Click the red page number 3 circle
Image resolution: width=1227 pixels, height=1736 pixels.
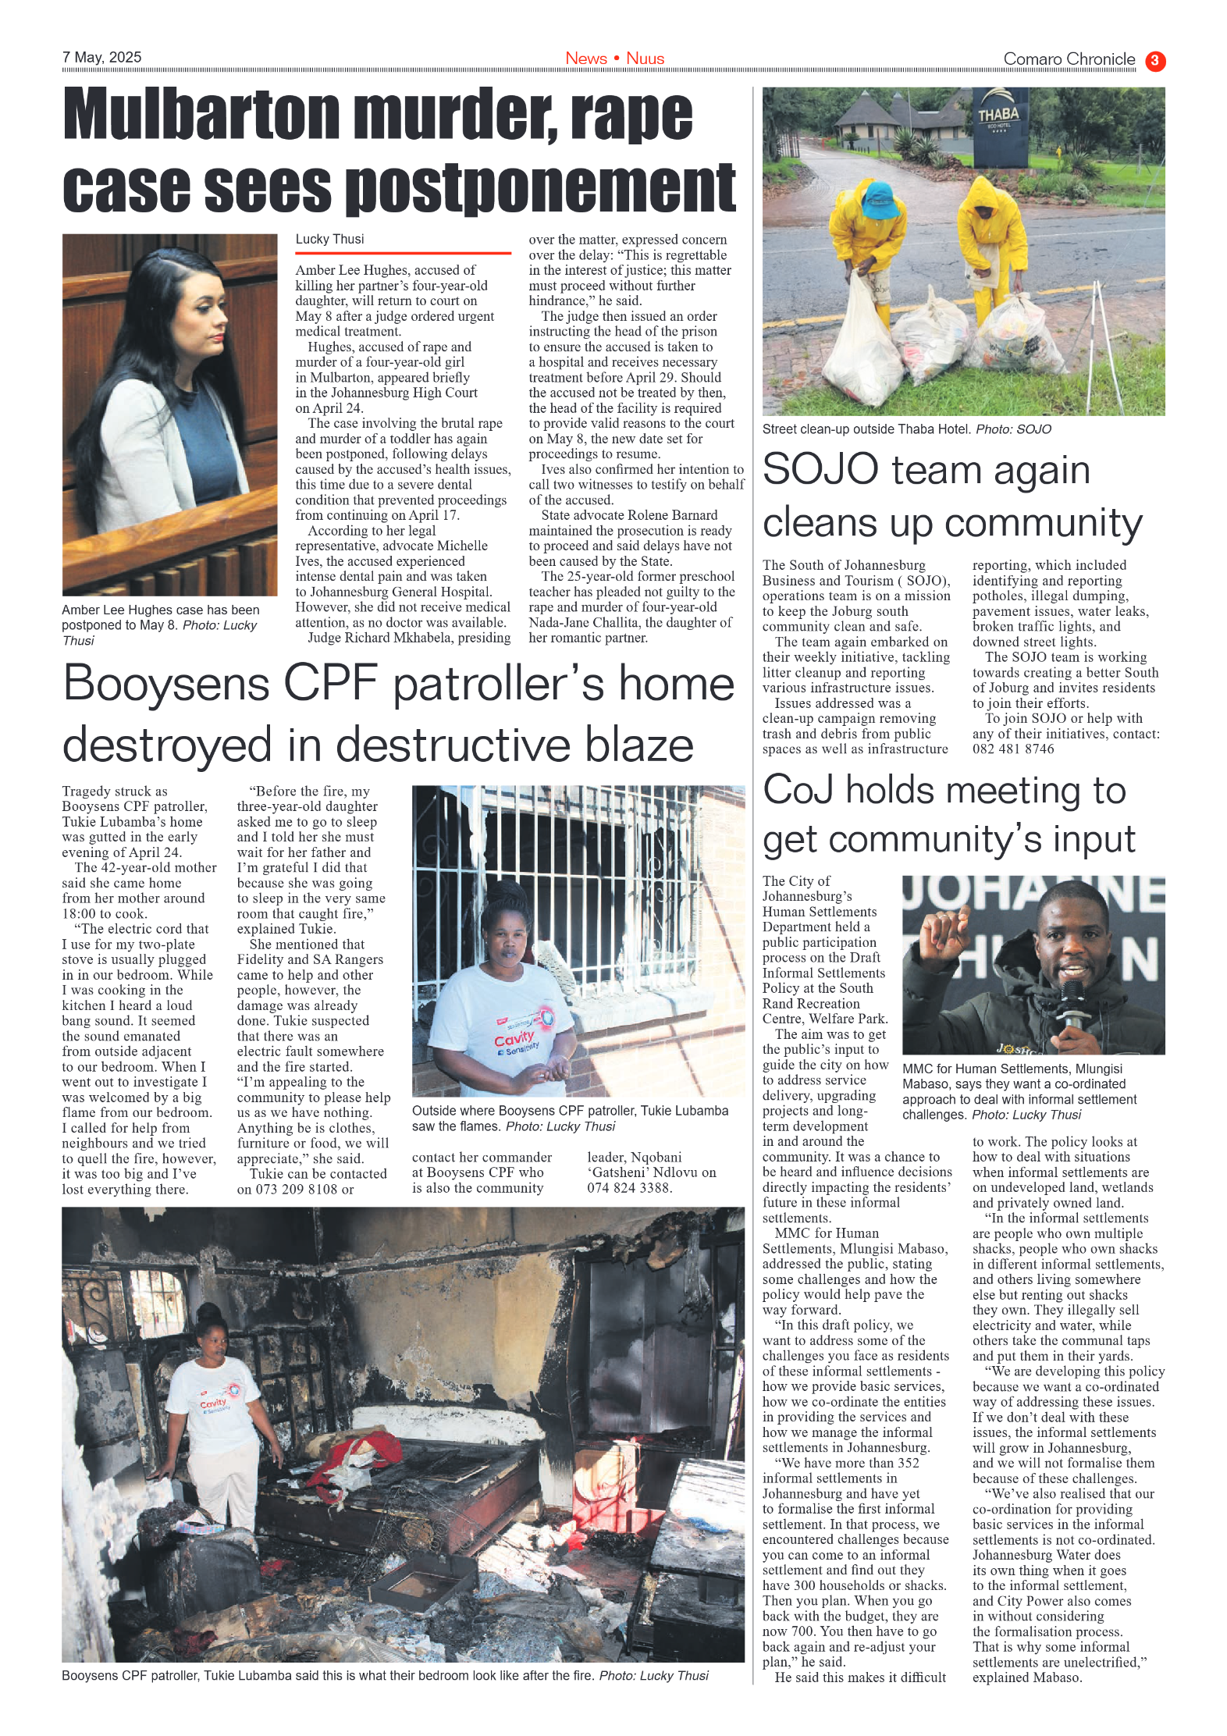point(1154,61)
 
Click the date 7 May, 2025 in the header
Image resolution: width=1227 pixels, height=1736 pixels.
point(102,57)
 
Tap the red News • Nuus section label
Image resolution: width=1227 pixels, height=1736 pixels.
point(614,59)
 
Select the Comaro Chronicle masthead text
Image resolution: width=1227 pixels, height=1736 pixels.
point(1069,59)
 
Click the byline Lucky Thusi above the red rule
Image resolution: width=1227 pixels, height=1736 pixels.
point(329,239)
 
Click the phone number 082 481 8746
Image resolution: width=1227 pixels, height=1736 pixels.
point(1012,749)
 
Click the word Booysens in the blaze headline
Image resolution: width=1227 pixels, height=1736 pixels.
point(165,684)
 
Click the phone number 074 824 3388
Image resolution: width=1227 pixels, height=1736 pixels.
point(628,1187)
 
